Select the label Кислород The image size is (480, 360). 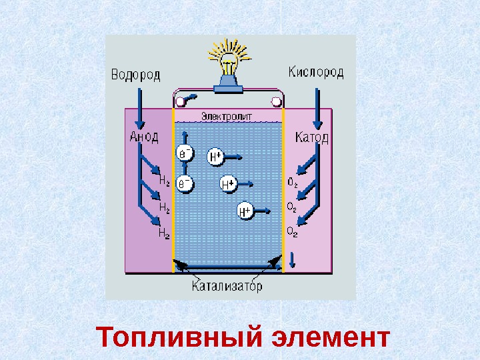[317, 71]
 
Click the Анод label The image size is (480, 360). [143, 137]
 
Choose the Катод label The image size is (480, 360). [311, 137]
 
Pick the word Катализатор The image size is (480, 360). [227, 287]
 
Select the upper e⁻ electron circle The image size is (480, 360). [185, 155]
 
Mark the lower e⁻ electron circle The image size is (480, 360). [185, 182]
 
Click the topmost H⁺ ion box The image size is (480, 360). [216, 157]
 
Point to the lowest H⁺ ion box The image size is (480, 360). [245, 211]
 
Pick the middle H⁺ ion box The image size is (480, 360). [229, 183]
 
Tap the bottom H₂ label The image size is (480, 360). [163, 233]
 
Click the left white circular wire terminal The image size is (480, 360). [179, 101]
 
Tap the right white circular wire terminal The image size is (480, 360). [276, 101]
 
